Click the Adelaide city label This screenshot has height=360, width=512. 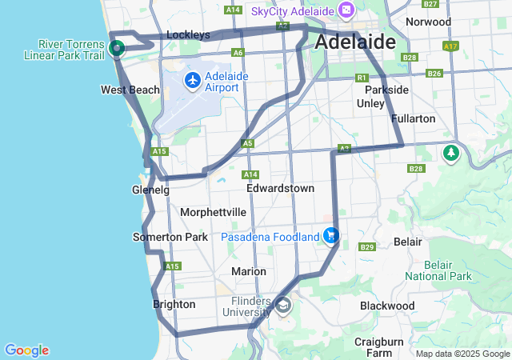pyautogui.click(x=356, y=42)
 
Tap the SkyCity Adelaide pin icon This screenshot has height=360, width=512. pyautogui.click(x=346, y=11)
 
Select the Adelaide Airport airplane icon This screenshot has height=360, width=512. pyautogui.click(x=192, y=80)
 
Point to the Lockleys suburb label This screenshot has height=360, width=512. pyautogui.click(x=188, y=35)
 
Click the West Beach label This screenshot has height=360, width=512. pyautogui.click(x=130, y=90)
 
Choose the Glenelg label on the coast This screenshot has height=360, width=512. pyautogui.click(x=150, y=190)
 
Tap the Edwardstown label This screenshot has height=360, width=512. pyautogui.click(x=280, y=188)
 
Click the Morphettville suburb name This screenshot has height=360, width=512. pyautogui.click(x=214, y=212)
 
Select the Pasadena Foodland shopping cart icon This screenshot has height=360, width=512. pyautogui.click(x=330, y=236)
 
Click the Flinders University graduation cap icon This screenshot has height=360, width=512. pyautogui.click(x=284, y=306)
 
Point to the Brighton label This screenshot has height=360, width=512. pyautogui.click(x=174, y=304)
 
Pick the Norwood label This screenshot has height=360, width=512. pyautogui.click(x=429, y=22)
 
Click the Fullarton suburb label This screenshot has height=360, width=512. pyautogui.click(x=414, y=118)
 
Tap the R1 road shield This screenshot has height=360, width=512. pyautogui.click(x=362, y=78)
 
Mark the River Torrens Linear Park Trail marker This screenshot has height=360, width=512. pyautogui.click(x=117, y=48)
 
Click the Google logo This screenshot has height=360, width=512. pyautogui.click(x=26, y=350)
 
